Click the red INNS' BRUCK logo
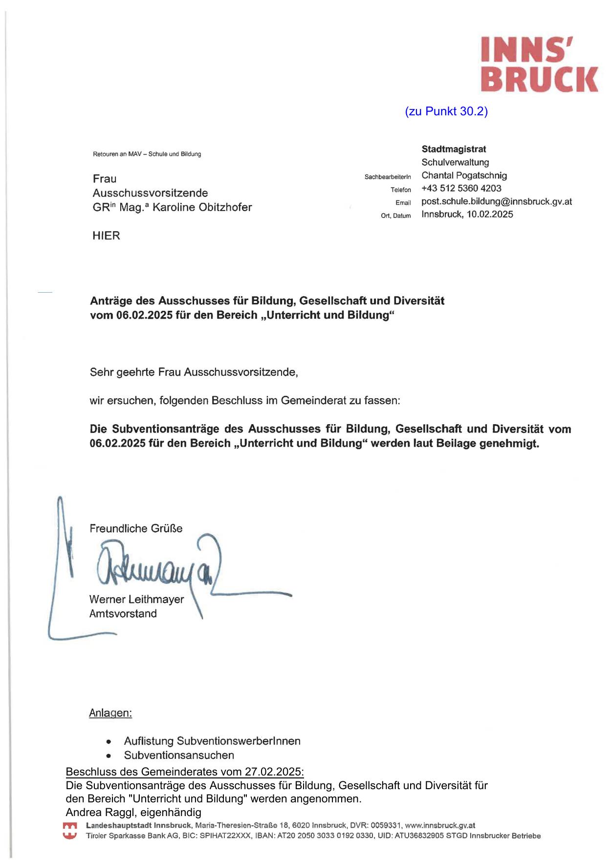click(x=539, y=64)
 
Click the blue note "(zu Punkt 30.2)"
click(x=446, y=111)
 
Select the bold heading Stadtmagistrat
click(x=454, y=149)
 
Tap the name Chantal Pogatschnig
click(x=464, y=175)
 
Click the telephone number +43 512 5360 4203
click(x=461, y=188)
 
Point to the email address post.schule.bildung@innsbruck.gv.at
click(x=496, y=201)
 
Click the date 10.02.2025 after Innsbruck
click(x=490, y=214)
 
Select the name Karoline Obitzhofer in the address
click(x=202, y=207)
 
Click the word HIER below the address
click(x=106, y=236)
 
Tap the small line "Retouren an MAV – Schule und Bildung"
click(x=147, y=154)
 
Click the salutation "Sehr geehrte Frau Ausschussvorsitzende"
click(x=194, y=372)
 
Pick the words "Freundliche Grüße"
click(x=136, y=528)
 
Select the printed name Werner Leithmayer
click(x=136, y=599)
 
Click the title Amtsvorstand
click(x=123, y=614)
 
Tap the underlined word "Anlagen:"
click(x=110, y=713)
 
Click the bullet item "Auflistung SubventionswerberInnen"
click(x=212, y=741)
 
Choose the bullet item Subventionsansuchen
click(x=179, y=755)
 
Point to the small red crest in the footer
click(x=70, y=831)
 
